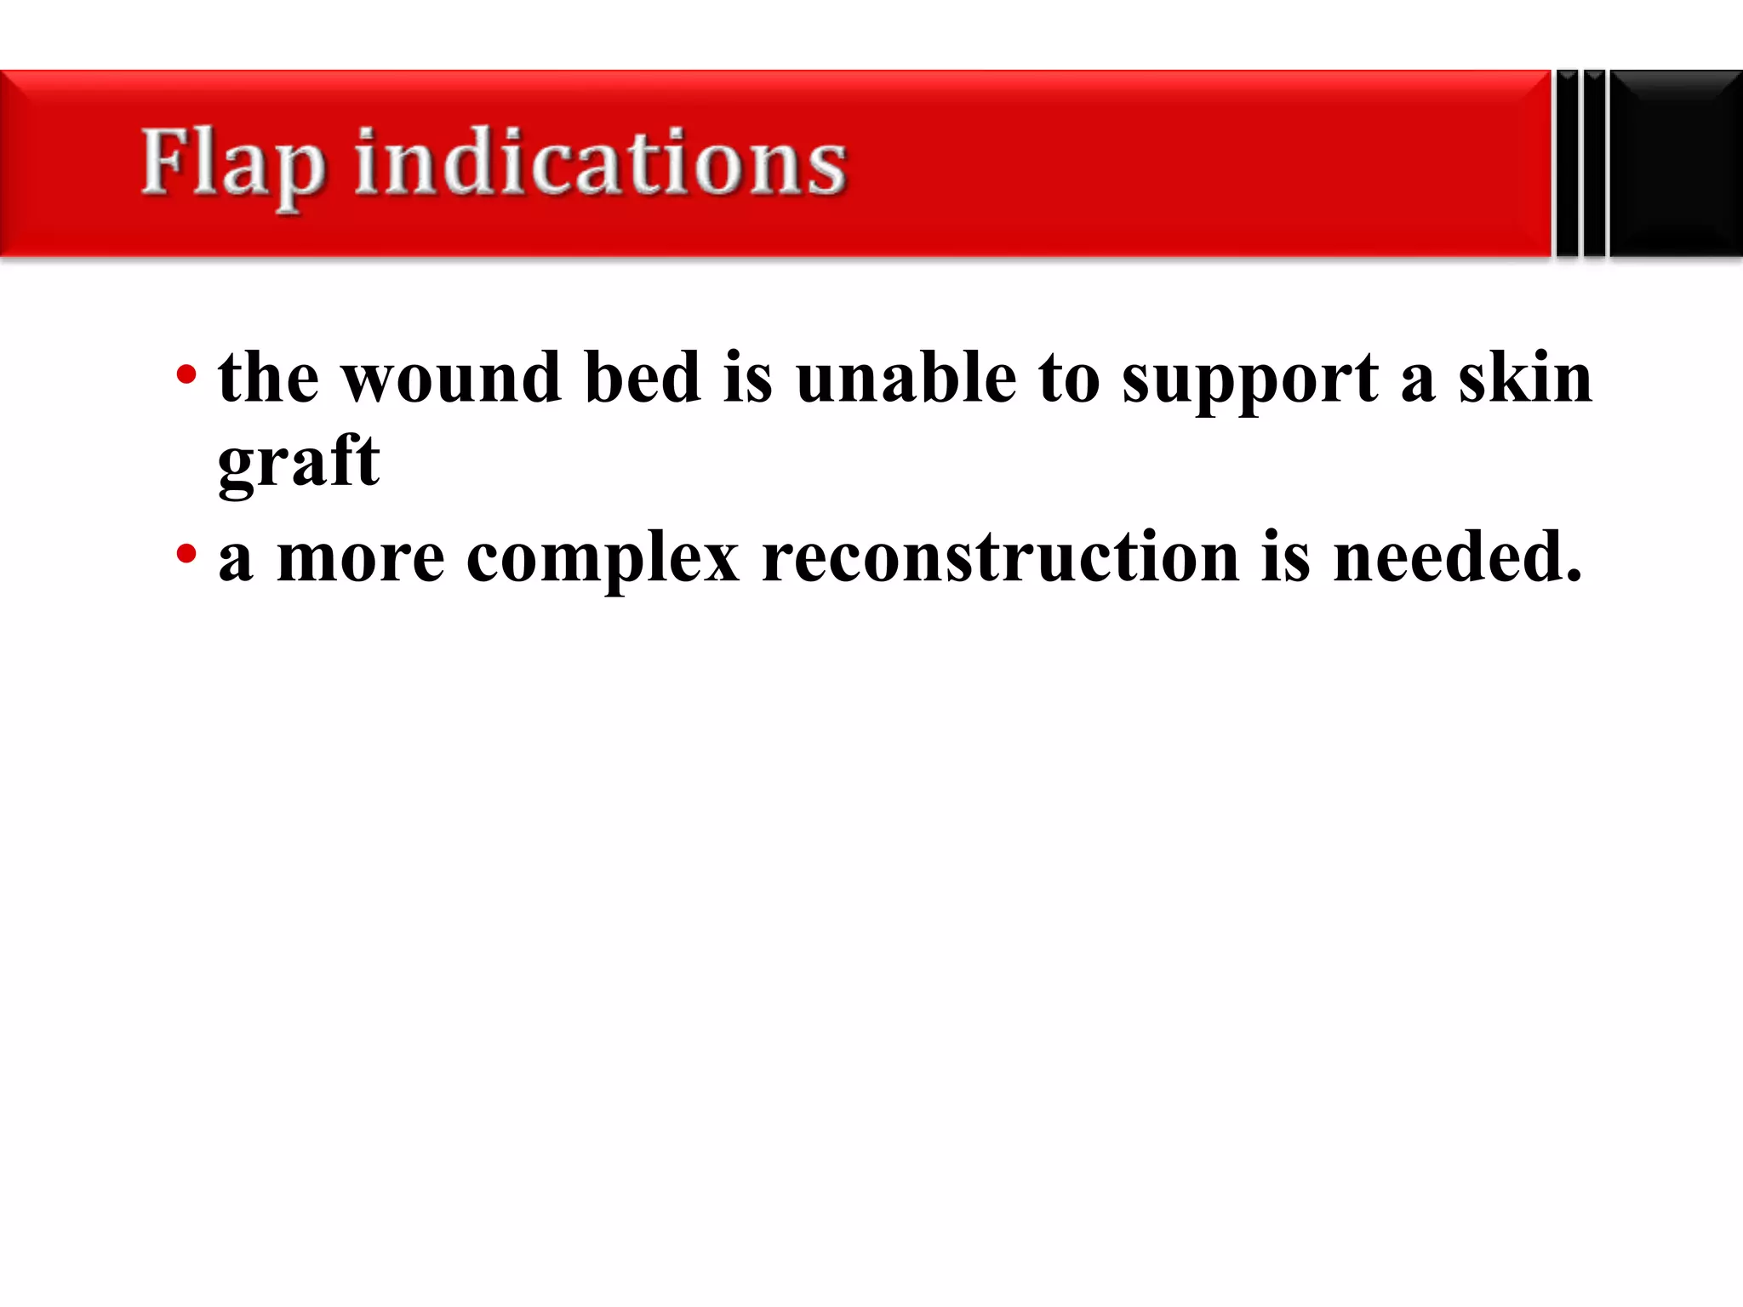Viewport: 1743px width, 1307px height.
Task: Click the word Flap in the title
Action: [x=231, y=163]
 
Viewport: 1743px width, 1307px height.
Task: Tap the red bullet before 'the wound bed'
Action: [x=186, y=374]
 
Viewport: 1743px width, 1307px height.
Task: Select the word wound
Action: [x=451, y=378]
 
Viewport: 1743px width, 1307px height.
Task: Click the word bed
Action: [x=642, y=378]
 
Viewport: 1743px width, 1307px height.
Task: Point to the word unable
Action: [x=906, y=378]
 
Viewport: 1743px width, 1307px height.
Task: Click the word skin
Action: [x=1524, y=378]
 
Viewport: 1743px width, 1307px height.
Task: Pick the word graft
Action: [x=298, y=462]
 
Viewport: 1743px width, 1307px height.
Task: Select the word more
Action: [x=360, y=558]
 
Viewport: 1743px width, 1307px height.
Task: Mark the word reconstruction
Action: [x=1000, y=558]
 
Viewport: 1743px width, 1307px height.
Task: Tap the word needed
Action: [x=1456, y=558]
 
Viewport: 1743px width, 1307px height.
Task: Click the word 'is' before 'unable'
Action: [x=748, y=378]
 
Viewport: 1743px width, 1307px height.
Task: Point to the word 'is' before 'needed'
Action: [x=1285, y=558]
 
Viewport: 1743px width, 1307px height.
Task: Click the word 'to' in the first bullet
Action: [x=1069, y=380]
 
